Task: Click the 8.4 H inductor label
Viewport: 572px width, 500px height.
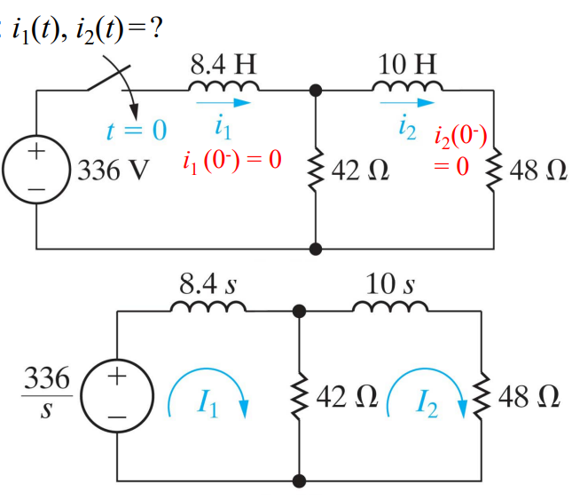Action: click(x=223, y=63)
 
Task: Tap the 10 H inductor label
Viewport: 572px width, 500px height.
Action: click(x=406, y=63)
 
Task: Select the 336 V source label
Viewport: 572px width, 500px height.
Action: click(x=111, y=169)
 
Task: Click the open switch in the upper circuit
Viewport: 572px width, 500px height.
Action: click(x=104, y=82)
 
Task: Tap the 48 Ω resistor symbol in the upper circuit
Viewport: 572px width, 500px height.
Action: click(x=493, y=169)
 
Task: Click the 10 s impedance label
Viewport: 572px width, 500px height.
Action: click(x=391, y=285)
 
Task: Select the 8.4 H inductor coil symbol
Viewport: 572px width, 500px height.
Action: click(x=223, y=86)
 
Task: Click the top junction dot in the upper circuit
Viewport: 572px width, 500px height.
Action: click(x=316, y=91)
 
